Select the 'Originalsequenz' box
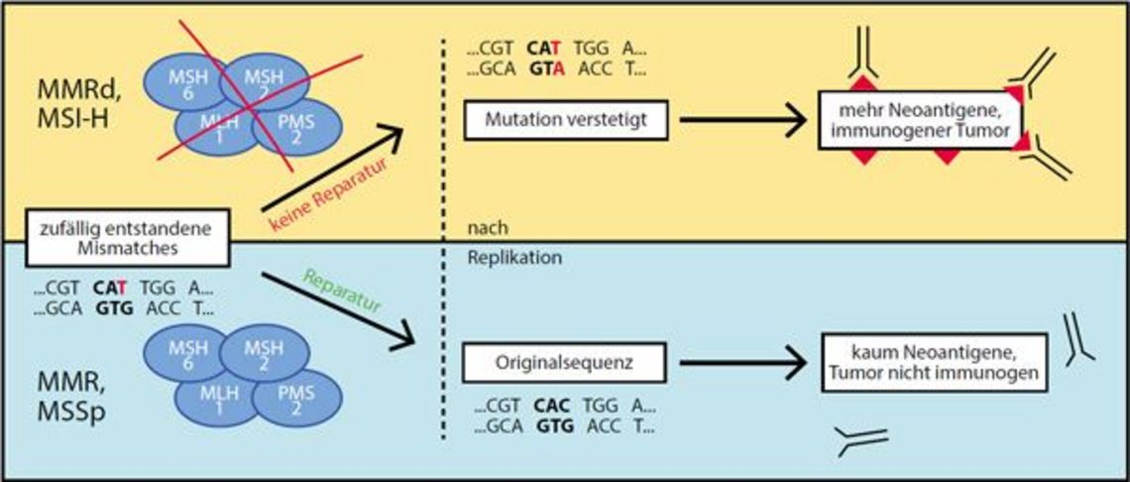563,364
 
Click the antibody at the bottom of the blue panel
860,440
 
